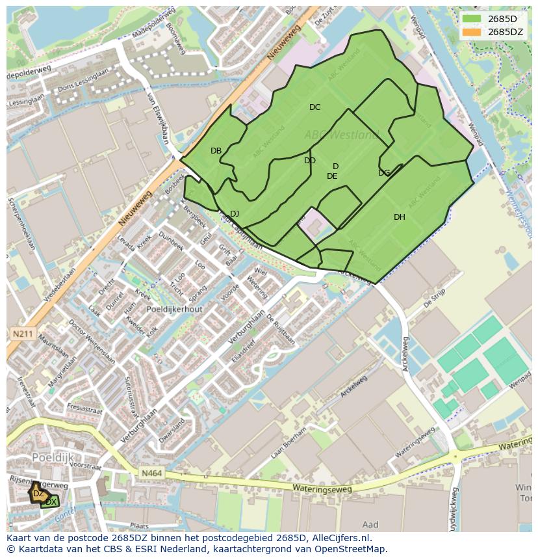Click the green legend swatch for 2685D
[472, 19]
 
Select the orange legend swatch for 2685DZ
[472, 31]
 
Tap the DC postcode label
[314, 107]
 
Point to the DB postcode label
[216, 151]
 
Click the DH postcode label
[399, 217]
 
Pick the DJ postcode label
[235, 214]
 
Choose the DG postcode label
[384, 173]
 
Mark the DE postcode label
[332, 176]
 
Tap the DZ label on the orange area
[38, 494]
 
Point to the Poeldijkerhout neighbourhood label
[175, 310]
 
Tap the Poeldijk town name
[53, 457]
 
